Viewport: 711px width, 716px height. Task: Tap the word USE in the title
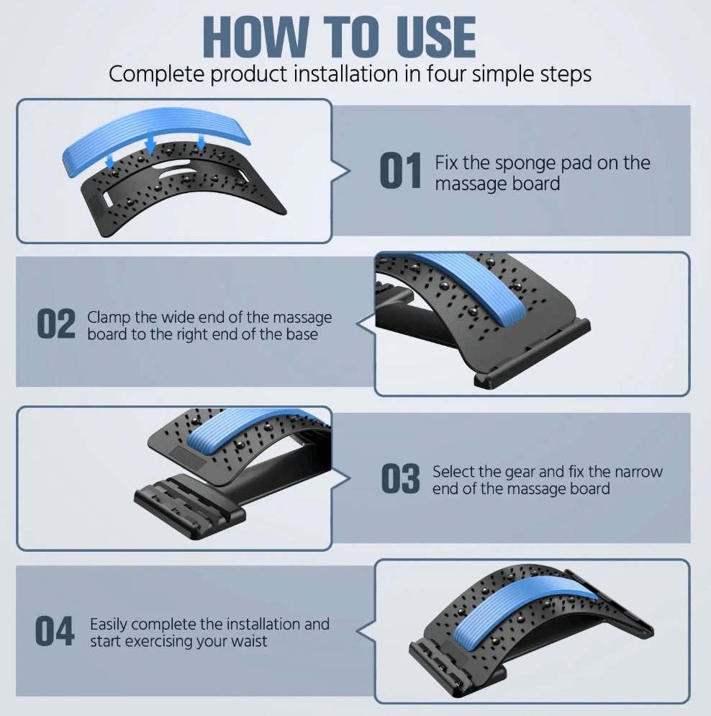pyautogui.click(x=436, y=37)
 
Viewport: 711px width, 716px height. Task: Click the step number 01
pyautogui.click(x=400, y=171)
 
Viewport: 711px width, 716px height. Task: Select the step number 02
pyautogui.click(x=56, y=323)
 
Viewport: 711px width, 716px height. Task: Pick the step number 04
pyautogui.click(x=55, y=631)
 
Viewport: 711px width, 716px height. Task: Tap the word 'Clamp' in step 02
pyautogui.click(x=109, y=318)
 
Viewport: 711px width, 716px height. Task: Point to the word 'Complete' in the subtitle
pyautogui.click(x=156, y=74)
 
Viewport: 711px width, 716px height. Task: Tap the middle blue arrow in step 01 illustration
pyautogui.click(x=150, y=146)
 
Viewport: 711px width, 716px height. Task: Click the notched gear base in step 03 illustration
pyautogui.click(x=189, y=498)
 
